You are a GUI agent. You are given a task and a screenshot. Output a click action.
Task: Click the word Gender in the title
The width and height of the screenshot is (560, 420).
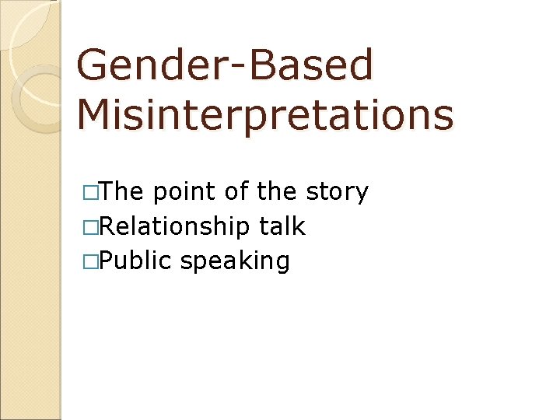point(144,65)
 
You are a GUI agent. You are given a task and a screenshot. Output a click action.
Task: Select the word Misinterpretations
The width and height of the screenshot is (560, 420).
point(264,115)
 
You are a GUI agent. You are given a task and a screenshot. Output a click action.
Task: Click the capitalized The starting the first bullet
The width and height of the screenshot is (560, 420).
point(124,191)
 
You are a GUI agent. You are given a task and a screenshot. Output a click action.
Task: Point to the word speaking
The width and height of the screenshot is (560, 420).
point(236,261)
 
